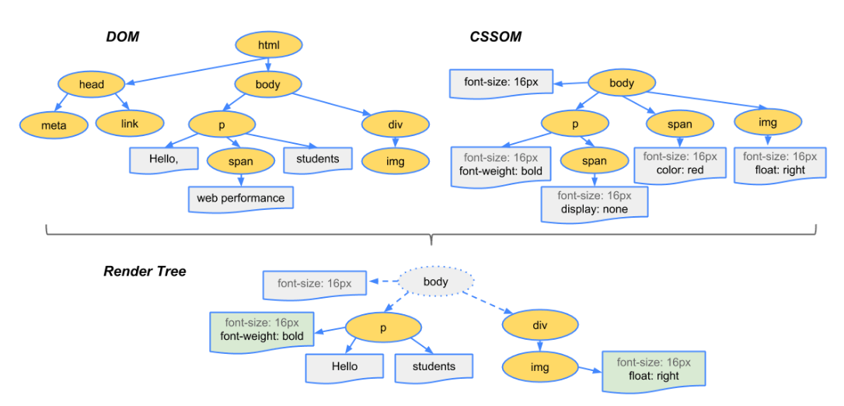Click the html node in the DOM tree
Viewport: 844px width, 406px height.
[x=268, y=46]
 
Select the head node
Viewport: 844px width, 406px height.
[x=92, y=84]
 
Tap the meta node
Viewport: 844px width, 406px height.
[x=54, y=124]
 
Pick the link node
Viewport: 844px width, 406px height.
[x=130, y=123]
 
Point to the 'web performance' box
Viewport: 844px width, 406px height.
[x=240, y=198]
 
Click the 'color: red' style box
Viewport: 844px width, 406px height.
[x=679, y=163]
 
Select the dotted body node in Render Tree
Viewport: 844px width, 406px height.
[x=436, y=282]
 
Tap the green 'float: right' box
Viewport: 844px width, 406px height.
[x=653, y=369]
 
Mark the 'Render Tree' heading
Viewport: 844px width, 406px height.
[x=145, y=271]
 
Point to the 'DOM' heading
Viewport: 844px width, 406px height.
[x=122, y=37]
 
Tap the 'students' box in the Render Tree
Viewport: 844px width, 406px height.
[x=434, y=367]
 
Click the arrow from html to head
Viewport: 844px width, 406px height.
[x=194, y=70]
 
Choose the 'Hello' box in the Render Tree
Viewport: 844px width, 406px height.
[x=344, y=367]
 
